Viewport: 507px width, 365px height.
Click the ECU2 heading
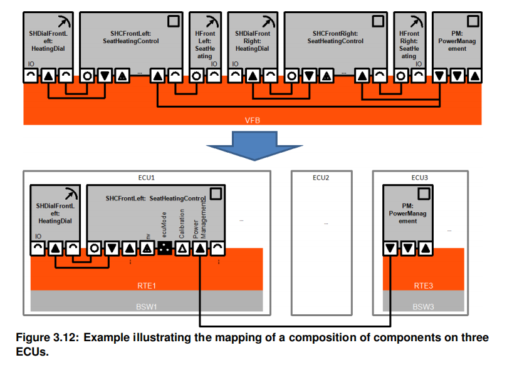tap(321, 177)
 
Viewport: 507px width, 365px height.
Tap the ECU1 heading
tap(147, 177)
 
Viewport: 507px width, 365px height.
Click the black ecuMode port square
tap(165, 248)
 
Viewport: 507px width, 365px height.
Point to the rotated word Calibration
tap(182, 224)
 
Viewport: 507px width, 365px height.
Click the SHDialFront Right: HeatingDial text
tap(253, 40)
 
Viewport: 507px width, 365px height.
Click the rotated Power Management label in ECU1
tap(200, 219)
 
